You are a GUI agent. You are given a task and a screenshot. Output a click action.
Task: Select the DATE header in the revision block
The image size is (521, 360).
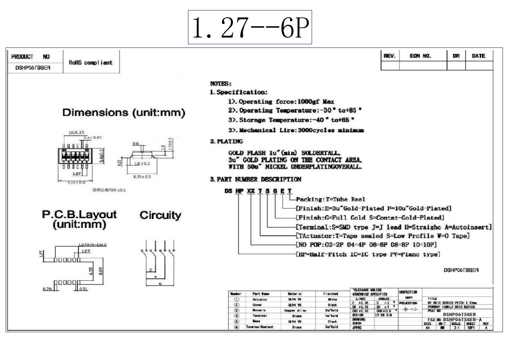[x=478, y=56]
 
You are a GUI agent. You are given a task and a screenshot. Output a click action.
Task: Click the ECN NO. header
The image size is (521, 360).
[x=420, y=56]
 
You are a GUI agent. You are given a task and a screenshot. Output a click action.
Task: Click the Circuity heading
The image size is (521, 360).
[x=161, y=215]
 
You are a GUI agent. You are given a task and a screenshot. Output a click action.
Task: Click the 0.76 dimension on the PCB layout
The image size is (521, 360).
[x=47, y=289]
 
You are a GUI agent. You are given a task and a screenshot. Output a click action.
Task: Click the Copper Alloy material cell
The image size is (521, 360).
[x=295, y=310]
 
